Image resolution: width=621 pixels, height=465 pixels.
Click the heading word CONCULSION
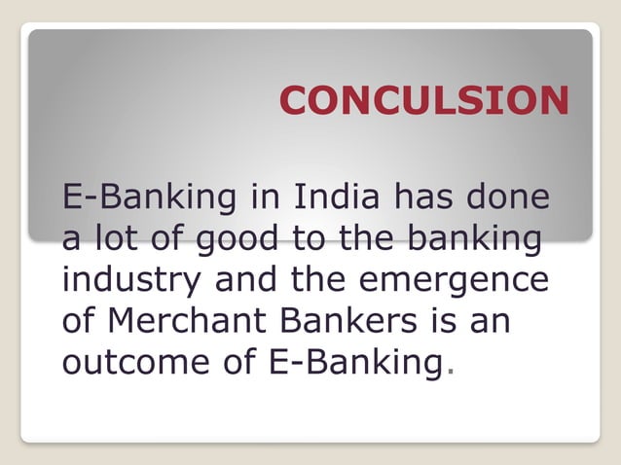423,101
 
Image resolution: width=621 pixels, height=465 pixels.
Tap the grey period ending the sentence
448,373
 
